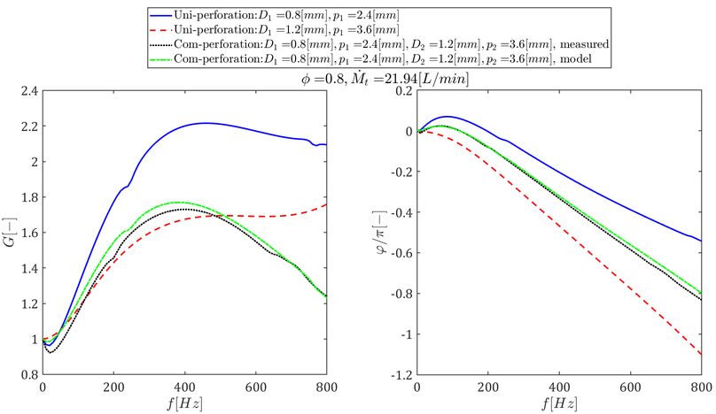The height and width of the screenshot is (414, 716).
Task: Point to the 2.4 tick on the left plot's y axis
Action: click(x=27, y=91)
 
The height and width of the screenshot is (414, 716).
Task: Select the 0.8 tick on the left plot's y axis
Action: click(x=27, y=375)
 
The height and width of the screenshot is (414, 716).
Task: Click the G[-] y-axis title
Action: click(x=11, y=233)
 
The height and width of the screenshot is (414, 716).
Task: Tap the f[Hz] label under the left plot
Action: click(x=185, y=403)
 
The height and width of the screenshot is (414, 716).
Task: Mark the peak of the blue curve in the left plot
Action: click(x=206, y=123)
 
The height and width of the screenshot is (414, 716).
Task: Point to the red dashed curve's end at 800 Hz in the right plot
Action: click(x=700, y=355)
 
